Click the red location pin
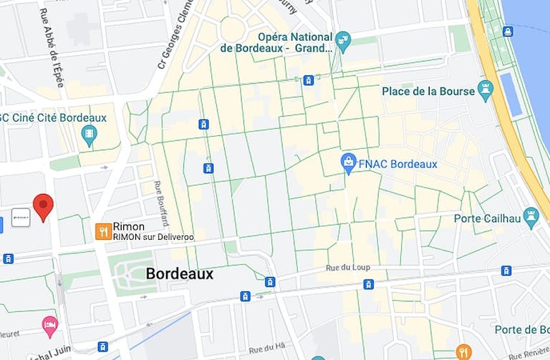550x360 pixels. pos(44,206)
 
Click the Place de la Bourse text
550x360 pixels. pos(428,91)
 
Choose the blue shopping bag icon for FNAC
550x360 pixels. pos(348,162)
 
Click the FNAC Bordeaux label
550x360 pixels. pos(398,164)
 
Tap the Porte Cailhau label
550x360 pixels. pos(486,218)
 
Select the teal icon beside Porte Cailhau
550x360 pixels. pos(531,215)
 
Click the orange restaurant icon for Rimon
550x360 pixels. pos(103,230)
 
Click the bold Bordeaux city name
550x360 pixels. pos(179,273)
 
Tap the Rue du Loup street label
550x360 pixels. pos(347,268)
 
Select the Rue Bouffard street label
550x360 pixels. pos(161,201)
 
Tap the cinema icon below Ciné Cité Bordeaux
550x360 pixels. pos(89,134)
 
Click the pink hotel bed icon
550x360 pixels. pos(49,326)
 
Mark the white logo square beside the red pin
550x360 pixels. pos(21,218)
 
